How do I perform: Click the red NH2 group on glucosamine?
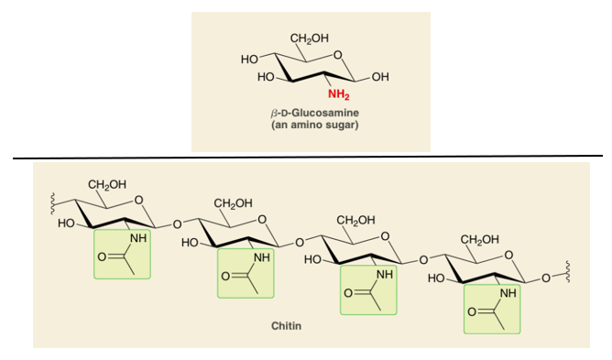pyautogui.click(x=338, y=94)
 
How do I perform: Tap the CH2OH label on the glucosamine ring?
pyautogui.click(x=309, y=38)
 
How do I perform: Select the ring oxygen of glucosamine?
pyautogui.click(x=338, y=55)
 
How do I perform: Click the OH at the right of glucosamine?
pyautogui.click(x=380, y=77)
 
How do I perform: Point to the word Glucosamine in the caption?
pyautogui.click(x=325, y=113)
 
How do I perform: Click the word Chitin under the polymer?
pyautogui.click(x=286, y=325)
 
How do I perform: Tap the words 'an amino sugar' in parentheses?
pyautogui.click(x=314, y=125)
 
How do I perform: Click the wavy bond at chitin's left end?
pyautogui.click(x=51, y=203)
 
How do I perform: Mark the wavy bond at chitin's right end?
pyautogui.click(x=567, y=273)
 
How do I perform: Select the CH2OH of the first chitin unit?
pyautogui.click(x=107, y=184)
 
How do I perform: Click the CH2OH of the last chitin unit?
pyautogui.click(x=479, y=239)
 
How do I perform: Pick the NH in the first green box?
pyautogui.click(x=138, y=238)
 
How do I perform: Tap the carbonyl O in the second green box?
pyautogui.click(x=225, y=277)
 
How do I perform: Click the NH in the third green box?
pyautogui.click(x=385, y=275)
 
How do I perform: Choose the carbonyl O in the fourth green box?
pyautogui.click(x=472, y=312)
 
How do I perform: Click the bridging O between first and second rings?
pyautogui.click(x=177, y=224)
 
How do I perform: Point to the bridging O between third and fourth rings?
pyautogui.click(x=423, y=259)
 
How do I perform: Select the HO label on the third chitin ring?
pyautogui.click(x=312, y=259)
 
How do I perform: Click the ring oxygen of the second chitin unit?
pyautogui.click(x=262, y=220)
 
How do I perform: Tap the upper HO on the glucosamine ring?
pyautogui.click(x=249, y=60)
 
